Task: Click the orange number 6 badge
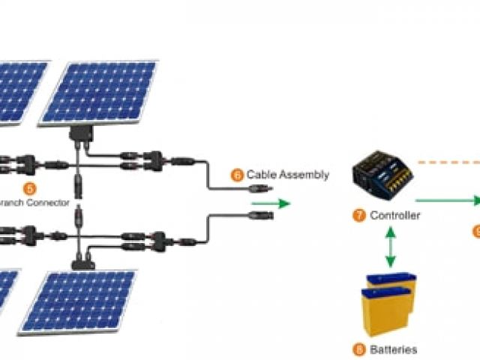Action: click(x=238, y=175)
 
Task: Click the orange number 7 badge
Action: click(x=360, y=215)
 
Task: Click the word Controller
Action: click(x=396, y=215)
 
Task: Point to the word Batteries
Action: click(x=394, y=349)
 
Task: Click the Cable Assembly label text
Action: click(x=287, y=175)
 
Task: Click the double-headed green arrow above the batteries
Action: click(x=390, y=248)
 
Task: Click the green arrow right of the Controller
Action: click(x=448, y=200)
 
